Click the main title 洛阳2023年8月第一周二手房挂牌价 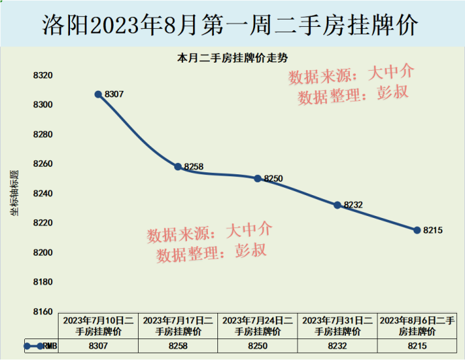point(232,26)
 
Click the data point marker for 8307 point(98,94)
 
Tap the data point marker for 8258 point(178,166)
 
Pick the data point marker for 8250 point(258,178)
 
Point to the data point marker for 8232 point(338,205)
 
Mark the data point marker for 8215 point(417,230)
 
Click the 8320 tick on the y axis point(42,75)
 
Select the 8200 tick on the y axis point(42,252)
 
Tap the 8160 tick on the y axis point(42,312)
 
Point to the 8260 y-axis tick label point(42,164)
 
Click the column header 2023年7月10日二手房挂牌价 point(98,326)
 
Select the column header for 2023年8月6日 point(417,326)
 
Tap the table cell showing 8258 point(178,346)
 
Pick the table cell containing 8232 point(338,346)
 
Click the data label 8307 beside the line point(114,94)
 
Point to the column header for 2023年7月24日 point(258,326)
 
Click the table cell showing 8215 point(417,346)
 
